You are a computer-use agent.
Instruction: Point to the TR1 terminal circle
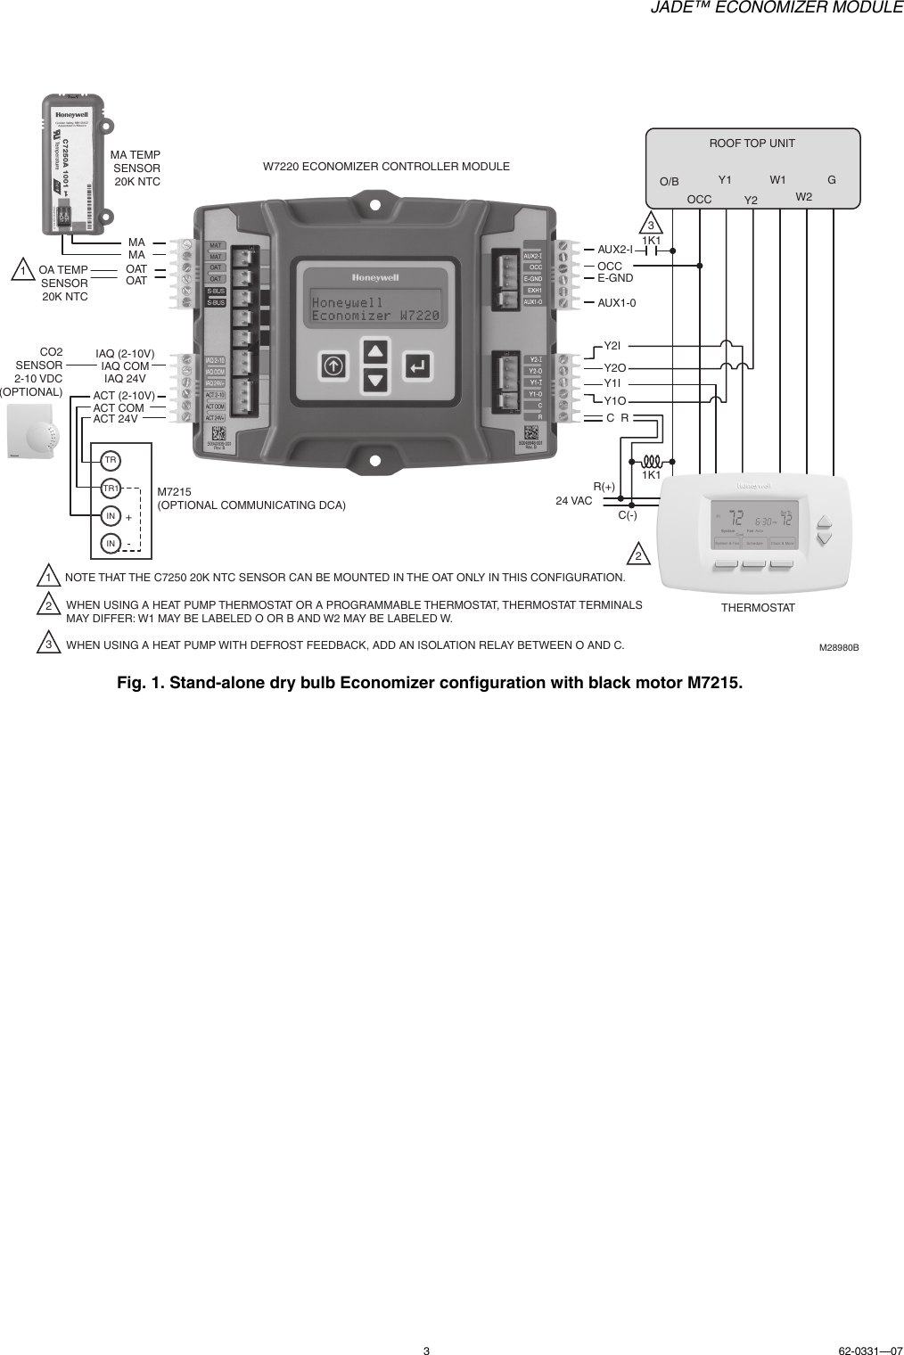click(x=111, y=489)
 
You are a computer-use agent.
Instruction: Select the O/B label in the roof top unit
click(x=669, y=182)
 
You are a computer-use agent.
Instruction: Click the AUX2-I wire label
click(x=614, y=250)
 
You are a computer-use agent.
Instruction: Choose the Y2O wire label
click(x=615, y=367)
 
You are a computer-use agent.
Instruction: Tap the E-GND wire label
click(x=615, y=278)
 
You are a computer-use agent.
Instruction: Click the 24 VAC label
click(x=574, y=501)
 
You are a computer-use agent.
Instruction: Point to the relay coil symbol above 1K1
click(x=651, y=462)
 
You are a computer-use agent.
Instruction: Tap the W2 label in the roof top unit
click(x=804, y=196)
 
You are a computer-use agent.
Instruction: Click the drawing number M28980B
click(x=839, y=647)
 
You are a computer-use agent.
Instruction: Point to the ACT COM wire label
click(x=119, y=408)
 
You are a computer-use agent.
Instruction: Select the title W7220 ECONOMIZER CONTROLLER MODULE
click(x=386, y=167)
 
